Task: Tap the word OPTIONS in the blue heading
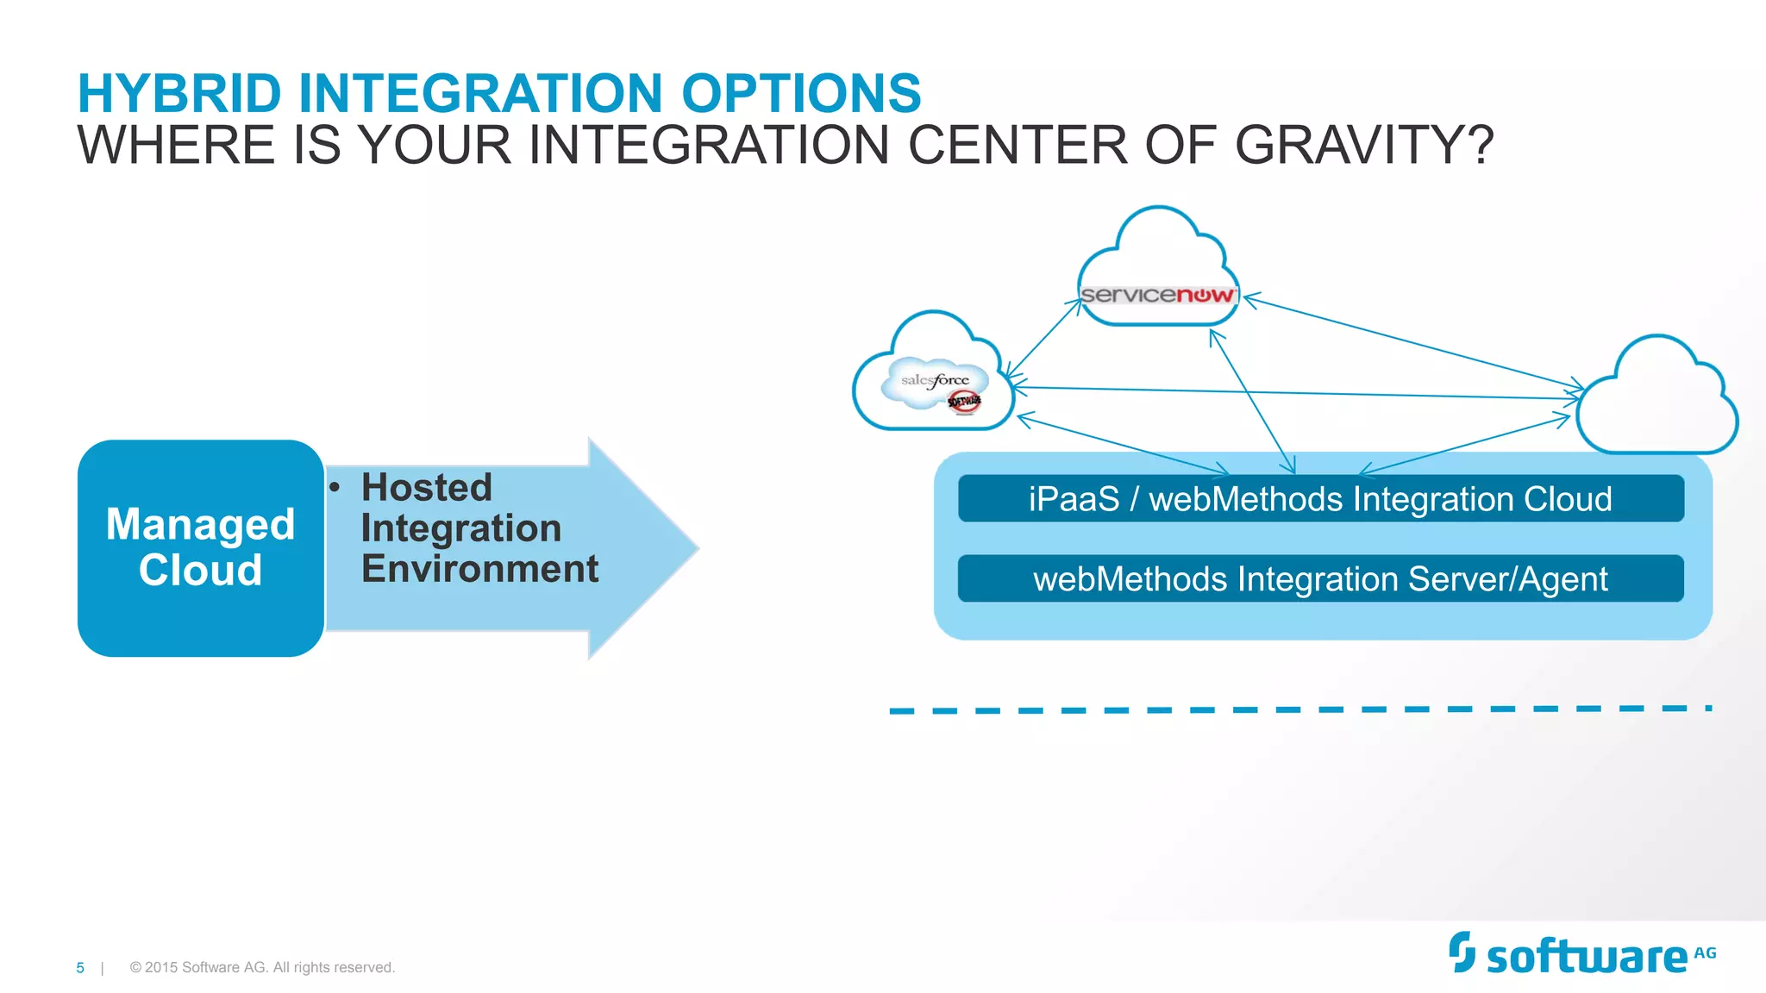[801, 93]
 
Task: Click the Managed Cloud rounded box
[200, 548]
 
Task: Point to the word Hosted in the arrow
[427, 488]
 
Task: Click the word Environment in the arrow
[479, 569]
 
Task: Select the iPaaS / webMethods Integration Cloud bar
[1320, 499]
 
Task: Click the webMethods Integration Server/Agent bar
[1320, 578]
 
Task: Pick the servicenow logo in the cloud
[1157, 295]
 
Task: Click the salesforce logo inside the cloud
[935, 381]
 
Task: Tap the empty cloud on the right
[1656, 401]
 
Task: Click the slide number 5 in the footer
[80, 968]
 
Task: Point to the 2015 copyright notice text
[262, 968]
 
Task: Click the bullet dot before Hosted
[335, 488]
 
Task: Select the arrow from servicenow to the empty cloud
[1414, 341]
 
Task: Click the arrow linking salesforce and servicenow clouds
[1044, 338]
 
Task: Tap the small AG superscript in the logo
[1705, 953]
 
